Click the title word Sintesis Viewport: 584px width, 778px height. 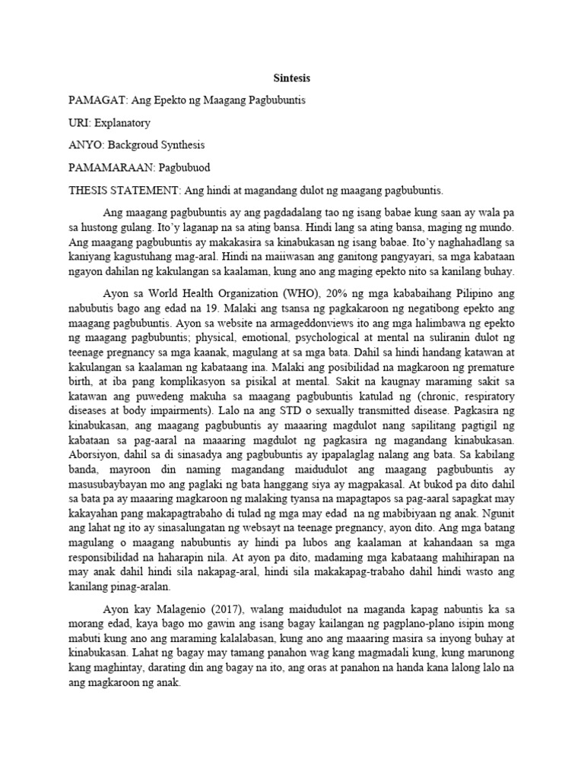pyautogui.click(x=292, y=77)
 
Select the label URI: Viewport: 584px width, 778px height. pyautogui.click(x=80, y=122)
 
